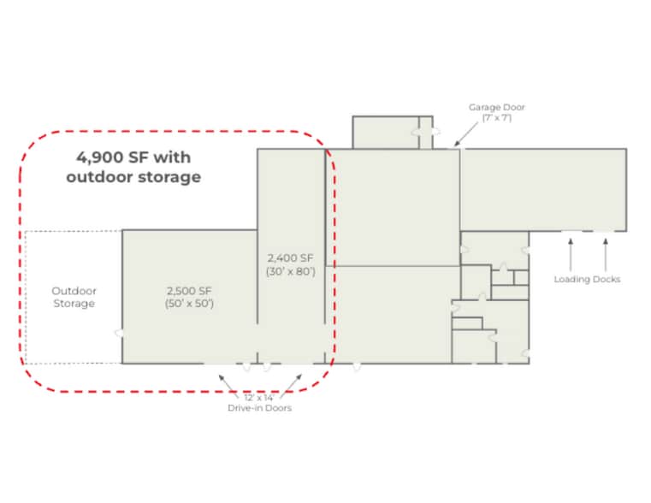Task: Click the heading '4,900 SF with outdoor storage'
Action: tap(133, 167)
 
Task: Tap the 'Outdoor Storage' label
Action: tap(74, 297)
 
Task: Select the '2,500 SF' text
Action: tap(189, 291)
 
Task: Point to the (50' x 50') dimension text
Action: tap(189, 304)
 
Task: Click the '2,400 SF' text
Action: tap(291, 258)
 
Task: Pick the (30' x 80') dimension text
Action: tap(291, 271)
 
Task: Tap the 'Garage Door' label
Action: tap(497, 107)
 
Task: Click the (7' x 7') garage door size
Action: tap(497, 118)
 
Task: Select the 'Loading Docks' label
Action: tap(587, 280)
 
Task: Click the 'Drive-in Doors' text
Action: tap(259, 408)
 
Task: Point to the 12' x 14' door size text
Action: tap(258, 398)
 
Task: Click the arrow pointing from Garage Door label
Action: tap(466, 134)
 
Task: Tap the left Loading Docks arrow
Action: tap(571, 255)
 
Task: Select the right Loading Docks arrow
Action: tap(606, 255)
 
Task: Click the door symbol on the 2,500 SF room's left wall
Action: tap(119, 333)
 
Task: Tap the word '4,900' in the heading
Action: tap(99, 157)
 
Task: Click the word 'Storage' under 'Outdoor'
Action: tap(74, 304)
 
